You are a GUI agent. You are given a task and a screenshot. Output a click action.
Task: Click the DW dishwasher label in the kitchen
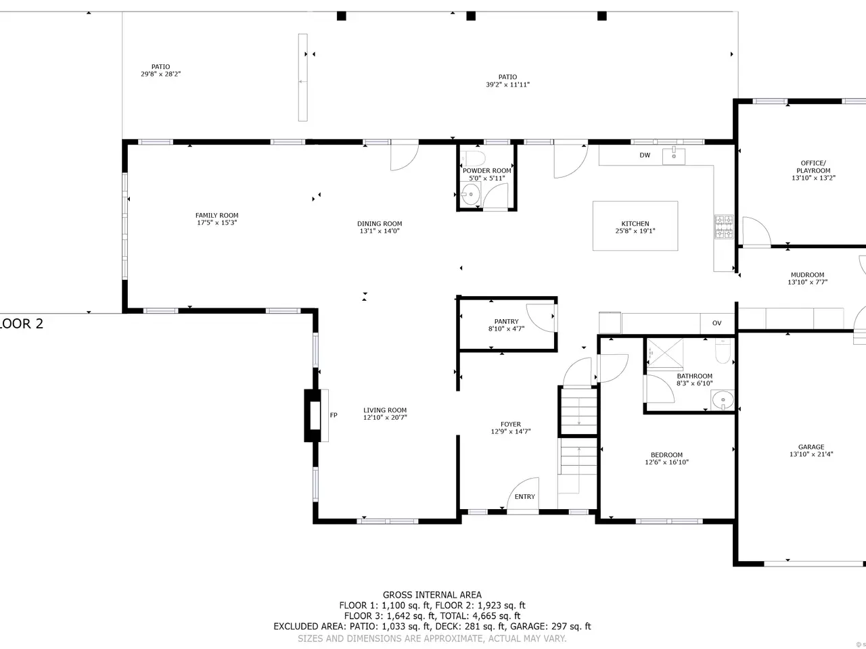coord(645,155)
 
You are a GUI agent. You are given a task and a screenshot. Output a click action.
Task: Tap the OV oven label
coord(717,323)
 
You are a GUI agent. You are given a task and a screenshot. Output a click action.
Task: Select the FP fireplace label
coord(334,415)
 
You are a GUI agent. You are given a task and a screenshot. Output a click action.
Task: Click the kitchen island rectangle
coord(635,226)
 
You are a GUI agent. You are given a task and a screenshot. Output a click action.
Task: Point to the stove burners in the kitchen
coord(724,226)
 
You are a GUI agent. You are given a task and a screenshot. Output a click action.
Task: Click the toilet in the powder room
coord(473,158)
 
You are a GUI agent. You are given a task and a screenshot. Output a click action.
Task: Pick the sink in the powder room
coord(470,194)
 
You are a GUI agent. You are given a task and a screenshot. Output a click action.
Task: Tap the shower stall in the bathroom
coord(665,353)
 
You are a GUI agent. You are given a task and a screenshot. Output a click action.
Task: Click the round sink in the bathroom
coord(723,400)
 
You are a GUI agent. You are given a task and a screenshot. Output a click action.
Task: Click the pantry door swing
coord(541,318)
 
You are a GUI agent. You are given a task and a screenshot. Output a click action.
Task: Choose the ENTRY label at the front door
coord(525,496)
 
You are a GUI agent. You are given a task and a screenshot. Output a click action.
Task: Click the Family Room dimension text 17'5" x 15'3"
coord(217,222)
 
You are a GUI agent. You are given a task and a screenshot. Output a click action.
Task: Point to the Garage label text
coord(811,447)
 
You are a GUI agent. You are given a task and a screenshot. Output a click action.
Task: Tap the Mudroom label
coord(808,274)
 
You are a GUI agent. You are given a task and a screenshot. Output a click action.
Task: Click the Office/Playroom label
coord(813,167)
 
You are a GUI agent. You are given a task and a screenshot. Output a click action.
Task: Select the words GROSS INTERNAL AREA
coord(432,595)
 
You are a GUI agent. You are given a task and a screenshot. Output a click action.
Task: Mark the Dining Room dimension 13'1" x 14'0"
coord(380,231)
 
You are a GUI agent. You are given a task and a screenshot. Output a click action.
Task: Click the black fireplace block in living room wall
coord(312,415)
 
